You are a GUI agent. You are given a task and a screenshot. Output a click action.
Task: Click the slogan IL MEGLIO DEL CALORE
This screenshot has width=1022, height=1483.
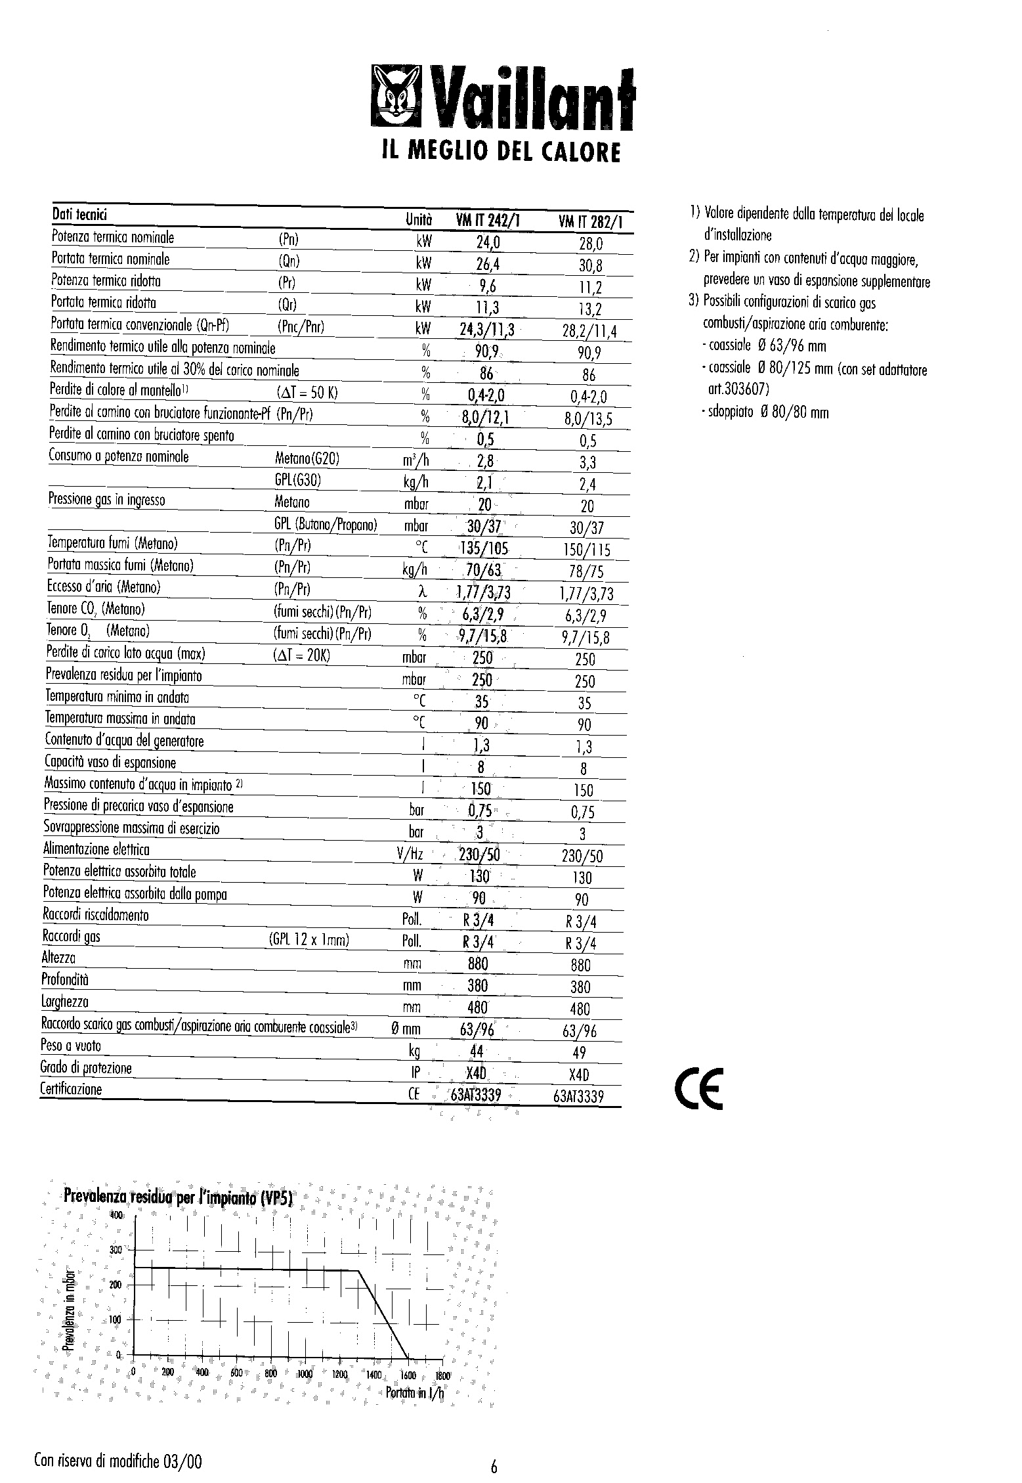[500, 152]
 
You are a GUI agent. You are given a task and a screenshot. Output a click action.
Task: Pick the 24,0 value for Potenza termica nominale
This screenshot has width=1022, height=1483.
[488, 243]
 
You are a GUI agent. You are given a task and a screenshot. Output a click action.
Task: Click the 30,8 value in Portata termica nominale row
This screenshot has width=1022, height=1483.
[590, 266]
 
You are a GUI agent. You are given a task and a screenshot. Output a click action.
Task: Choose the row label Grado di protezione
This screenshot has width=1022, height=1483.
[86, 1068]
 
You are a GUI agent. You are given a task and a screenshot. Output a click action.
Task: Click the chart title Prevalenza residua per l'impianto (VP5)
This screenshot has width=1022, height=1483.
[177, 1197]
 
